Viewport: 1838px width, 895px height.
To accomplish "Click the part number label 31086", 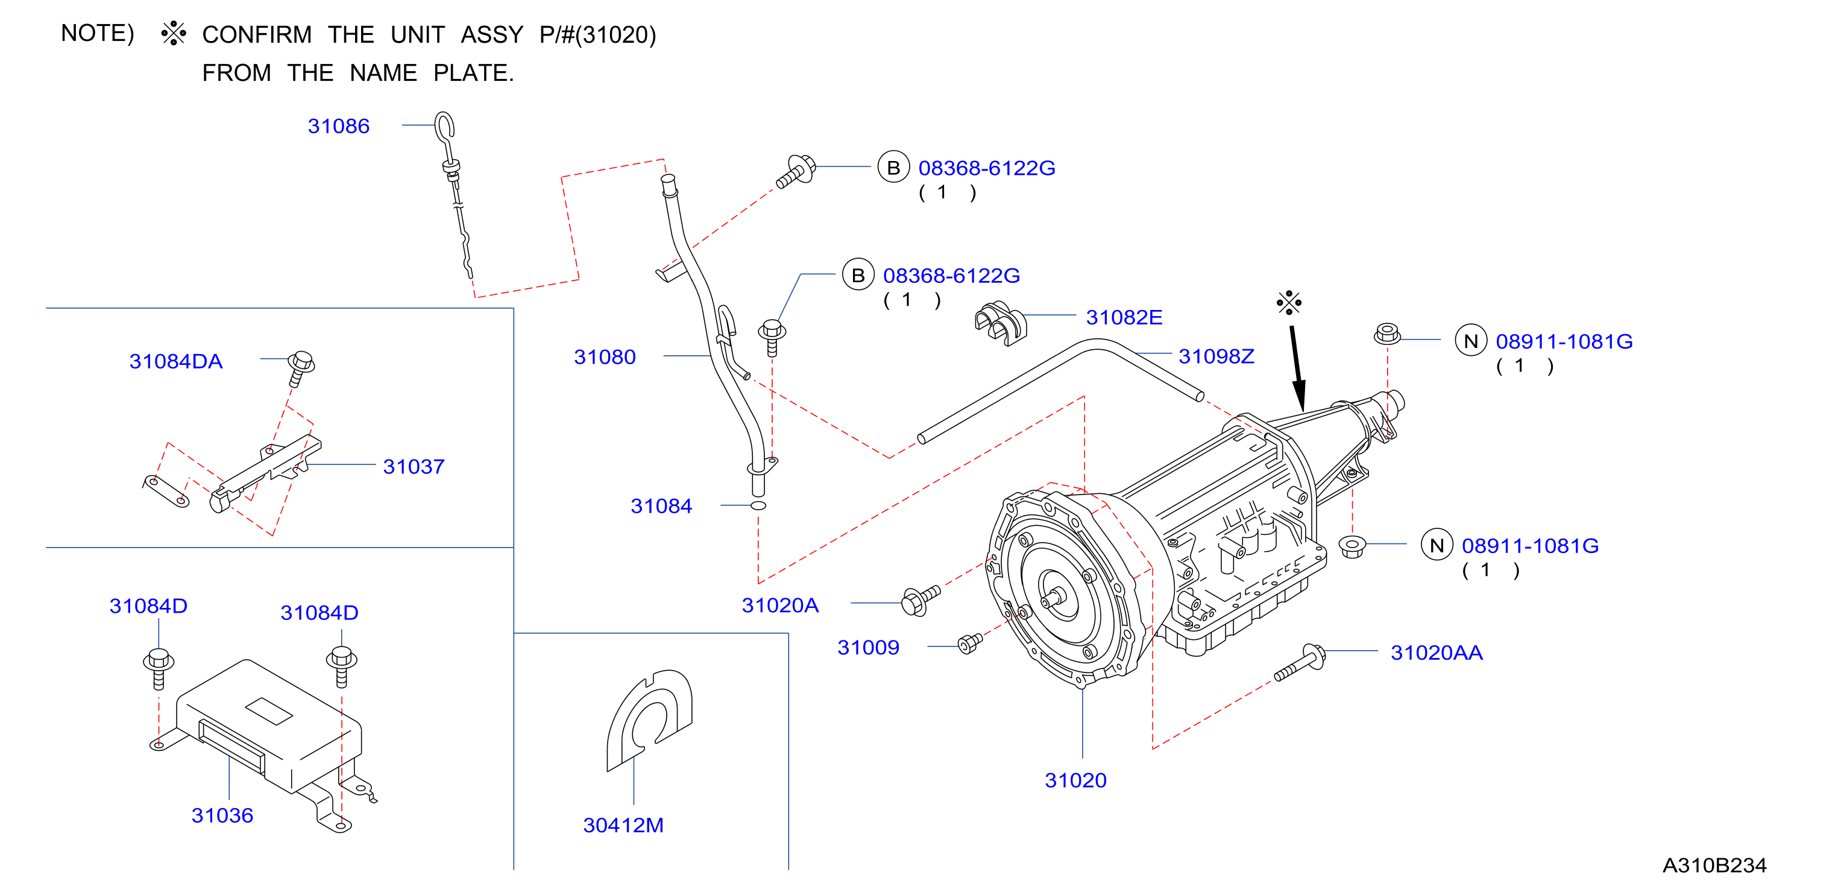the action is pos(338,126).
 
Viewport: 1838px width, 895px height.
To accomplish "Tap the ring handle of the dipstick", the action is pos(445,125).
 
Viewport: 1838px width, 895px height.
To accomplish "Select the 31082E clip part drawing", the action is pos(1000,323).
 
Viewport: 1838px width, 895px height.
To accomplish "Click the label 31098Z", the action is pos(1216,356).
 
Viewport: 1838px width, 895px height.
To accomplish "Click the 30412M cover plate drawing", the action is pos(649,720).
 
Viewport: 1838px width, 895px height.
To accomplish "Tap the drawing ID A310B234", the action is pos(1714,865).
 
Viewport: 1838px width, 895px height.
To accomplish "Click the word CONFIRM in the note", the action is pos(257,35).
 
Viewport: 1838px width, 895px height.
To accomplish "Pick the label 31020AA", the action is pos(1437,653).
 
